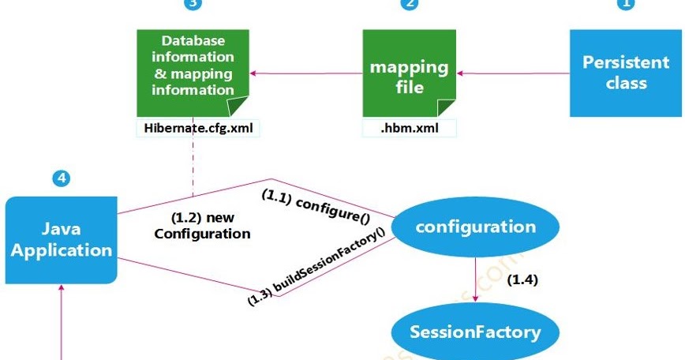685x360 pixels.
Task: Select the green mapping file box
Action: [x=409, y=73]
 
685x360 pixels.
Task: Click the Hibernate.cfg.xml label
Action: [x=193, y=127]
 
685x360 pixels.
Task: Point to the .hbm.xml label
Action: [x=409, y=127]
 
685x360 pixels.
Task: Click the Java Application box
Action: [x=62, y=240]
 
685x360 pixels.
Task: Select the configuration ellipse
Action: [x=476, y=227]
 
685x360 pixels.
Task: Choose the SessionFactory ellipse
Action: [x=476, y=332]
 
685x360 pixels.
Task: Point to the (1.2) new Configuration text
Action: [x=202, y=226]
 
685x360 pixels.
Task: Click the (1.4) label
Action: [x=522, y=279]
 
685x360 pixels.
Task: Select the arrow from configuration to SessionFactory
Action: [x=476, y=279]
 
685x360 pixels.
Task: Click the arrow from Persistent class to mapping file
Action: [x=514, y=73]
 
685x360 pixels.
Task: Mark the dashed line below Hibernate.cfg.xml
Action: [x=192, y=166]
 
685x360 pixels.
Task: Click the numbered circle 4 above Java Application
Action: [x=61, y=178]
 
